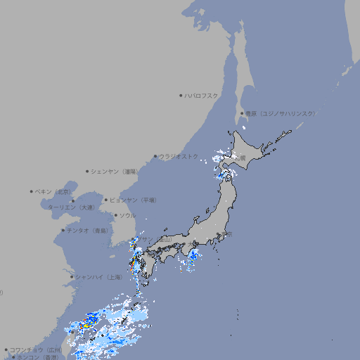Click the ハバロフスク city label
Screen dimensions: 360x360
tap(202, 95)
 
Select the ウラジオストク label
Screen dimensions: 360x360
tap(179, 156)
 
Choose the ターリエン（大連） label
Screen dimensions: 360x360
tap(72, 207)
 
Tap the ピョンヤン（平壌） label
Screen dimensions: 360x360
tap(133, 200)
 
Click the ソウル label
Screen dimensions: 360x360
tap(127, 215)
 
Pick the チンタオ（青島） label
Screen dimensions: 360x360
tap(88, 230)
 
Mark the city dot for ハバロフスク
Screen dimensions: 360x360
tap(181, 95)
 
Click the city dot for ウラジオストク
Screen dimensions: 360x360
tap(155, 156)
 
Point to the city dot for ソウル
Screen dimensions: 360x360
tap(115, 215)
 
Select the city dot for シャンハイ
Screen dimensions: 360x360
tap(72, 276)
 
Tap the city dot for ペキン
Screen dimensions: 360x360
tap(32, 191)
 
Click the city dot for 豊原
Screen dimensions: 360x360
tap(242, 113)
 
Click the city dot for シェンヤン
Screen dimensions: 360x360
tap(87, 171)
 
